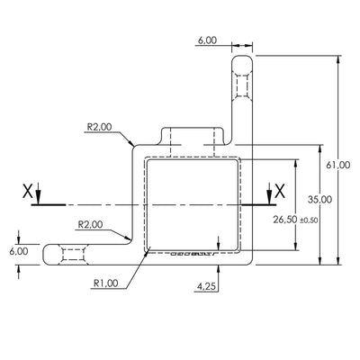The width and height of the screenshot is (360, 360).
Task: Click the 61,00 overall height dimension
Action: tap(337, 164)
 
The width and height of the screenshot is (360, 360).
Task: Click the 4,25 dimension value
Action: tap(205, 287)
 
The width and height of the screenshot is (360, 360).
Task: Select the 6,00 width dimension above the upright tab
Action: tap(206, 40)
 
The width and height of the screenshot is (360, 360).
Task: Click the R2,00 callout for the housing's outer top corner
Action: tap(100, 128)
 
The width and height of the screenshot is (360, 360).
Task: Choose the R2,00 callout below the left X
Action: tap(90, 223)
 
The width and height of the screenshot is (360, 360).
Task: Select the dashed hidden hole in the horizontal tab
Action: tap(73, 254)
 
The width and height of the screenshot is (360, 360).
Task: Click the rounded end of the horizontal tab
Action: tap(48, 254)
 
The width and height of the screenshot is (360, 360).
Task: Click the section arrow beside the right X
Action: tap(269, 193)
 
